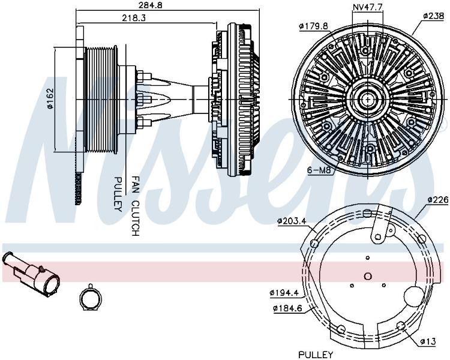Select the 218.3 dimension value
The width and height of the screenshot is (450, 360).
(134, 18)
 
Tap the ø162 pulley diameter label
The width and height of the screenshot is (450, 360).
(50, 98)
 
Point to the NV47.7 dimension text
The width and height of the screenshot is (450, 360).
(367, 7)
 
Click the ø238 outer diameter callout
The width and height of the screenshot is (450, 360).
(433, 16)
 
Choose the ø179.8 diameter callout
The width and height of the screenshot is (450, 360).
(313, 26)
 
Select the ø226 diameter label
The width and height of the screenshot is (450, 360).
(437, 200)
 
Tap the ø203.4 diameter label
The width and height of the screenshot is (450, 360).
(292, 221)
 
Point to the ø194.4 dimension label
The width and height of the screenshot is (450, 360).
(284, 293)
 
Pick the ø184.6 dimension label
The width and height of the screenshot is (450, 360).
(288, 308)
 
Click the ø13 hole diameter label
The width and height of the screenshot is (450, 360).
(428, 341)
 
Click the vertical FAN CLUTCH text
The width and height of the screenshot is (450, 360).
(135, 206)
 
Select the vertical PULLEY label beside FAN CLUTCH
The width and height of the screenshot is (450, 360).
(118, 194)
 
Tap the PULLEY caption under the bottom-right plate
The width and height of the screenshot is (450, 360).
(316, 354)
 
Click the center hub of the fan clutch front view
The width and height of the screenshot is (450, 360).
(367, 100)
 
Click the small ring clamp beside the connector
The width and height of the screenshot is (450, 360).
(91, 298)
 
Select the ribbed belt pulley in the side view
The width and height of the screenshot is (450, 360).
(101, 100)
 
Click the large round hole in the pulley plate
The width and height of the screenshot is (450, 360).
(414, 296)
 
